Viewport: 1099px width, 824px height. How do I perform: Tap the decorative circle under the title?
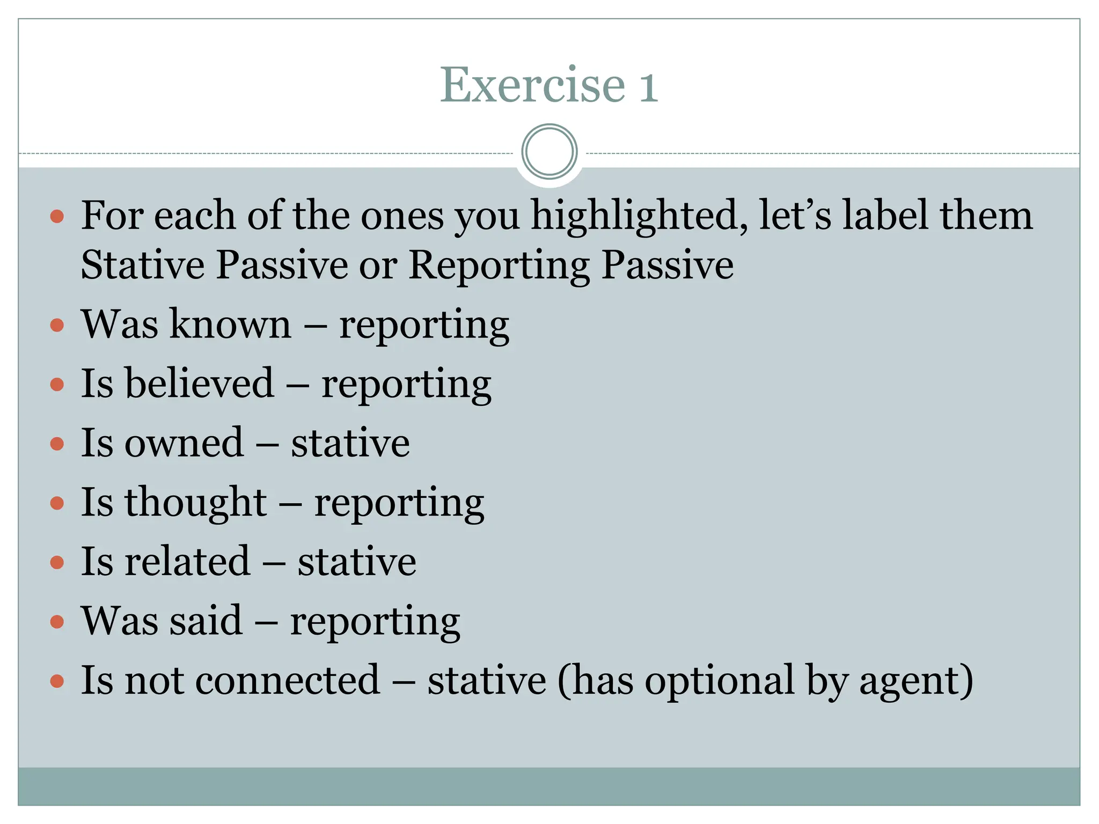click(x=549, y=151)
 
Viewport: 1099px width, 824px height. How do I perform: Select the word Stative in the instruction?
click(x=142, y=264)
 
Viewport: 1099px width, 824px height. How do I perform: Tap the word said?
click(x=206, y=621)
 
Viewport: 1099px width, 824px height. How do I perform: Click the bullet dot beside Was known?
click(x=57, y=325)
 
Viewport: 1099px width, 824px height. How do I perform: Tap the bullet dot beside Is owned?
click(x=57, y=444)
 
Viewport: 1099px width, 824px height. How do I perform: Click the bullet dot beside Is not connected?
click(x=57, y=681)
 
